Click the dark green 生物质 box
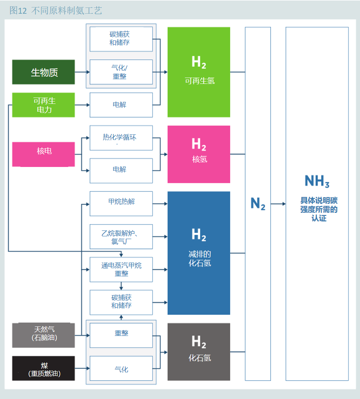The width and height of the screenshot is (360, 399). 44,72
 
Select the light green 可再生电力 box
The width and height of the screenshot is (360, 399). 44,105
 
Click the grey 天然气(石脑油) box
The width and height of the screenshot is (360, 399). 44,335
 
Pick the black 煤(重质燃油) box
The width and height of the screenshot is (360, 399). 44,368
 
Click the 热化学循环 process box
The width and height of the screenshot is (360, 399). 121,138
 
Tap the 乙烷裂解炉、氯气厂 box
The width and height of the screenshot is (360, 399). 121,237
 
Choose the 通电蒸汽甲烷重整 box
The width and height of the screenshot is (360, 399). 121,270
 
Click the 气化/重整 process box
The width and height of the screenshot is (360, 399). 121,72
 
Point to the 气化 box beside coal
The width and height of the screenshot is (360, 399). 121,368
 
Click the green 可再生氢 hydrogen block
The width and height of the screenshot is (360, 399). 199,72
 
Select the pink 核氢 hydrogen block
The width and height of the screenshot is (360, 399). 199,154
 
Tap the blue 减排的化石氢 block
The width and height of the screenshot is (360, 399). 199,253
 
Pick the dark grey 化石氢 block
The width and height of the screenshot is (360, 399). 199,352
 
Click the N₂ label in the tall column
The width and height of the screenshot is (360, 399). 258,203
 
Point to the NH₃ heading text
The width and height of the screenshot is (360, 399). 317,181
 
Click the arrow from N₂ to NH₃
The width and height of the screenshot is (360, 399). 278,204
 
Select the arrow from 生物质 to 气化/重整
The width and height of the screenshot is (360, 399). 82,72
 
